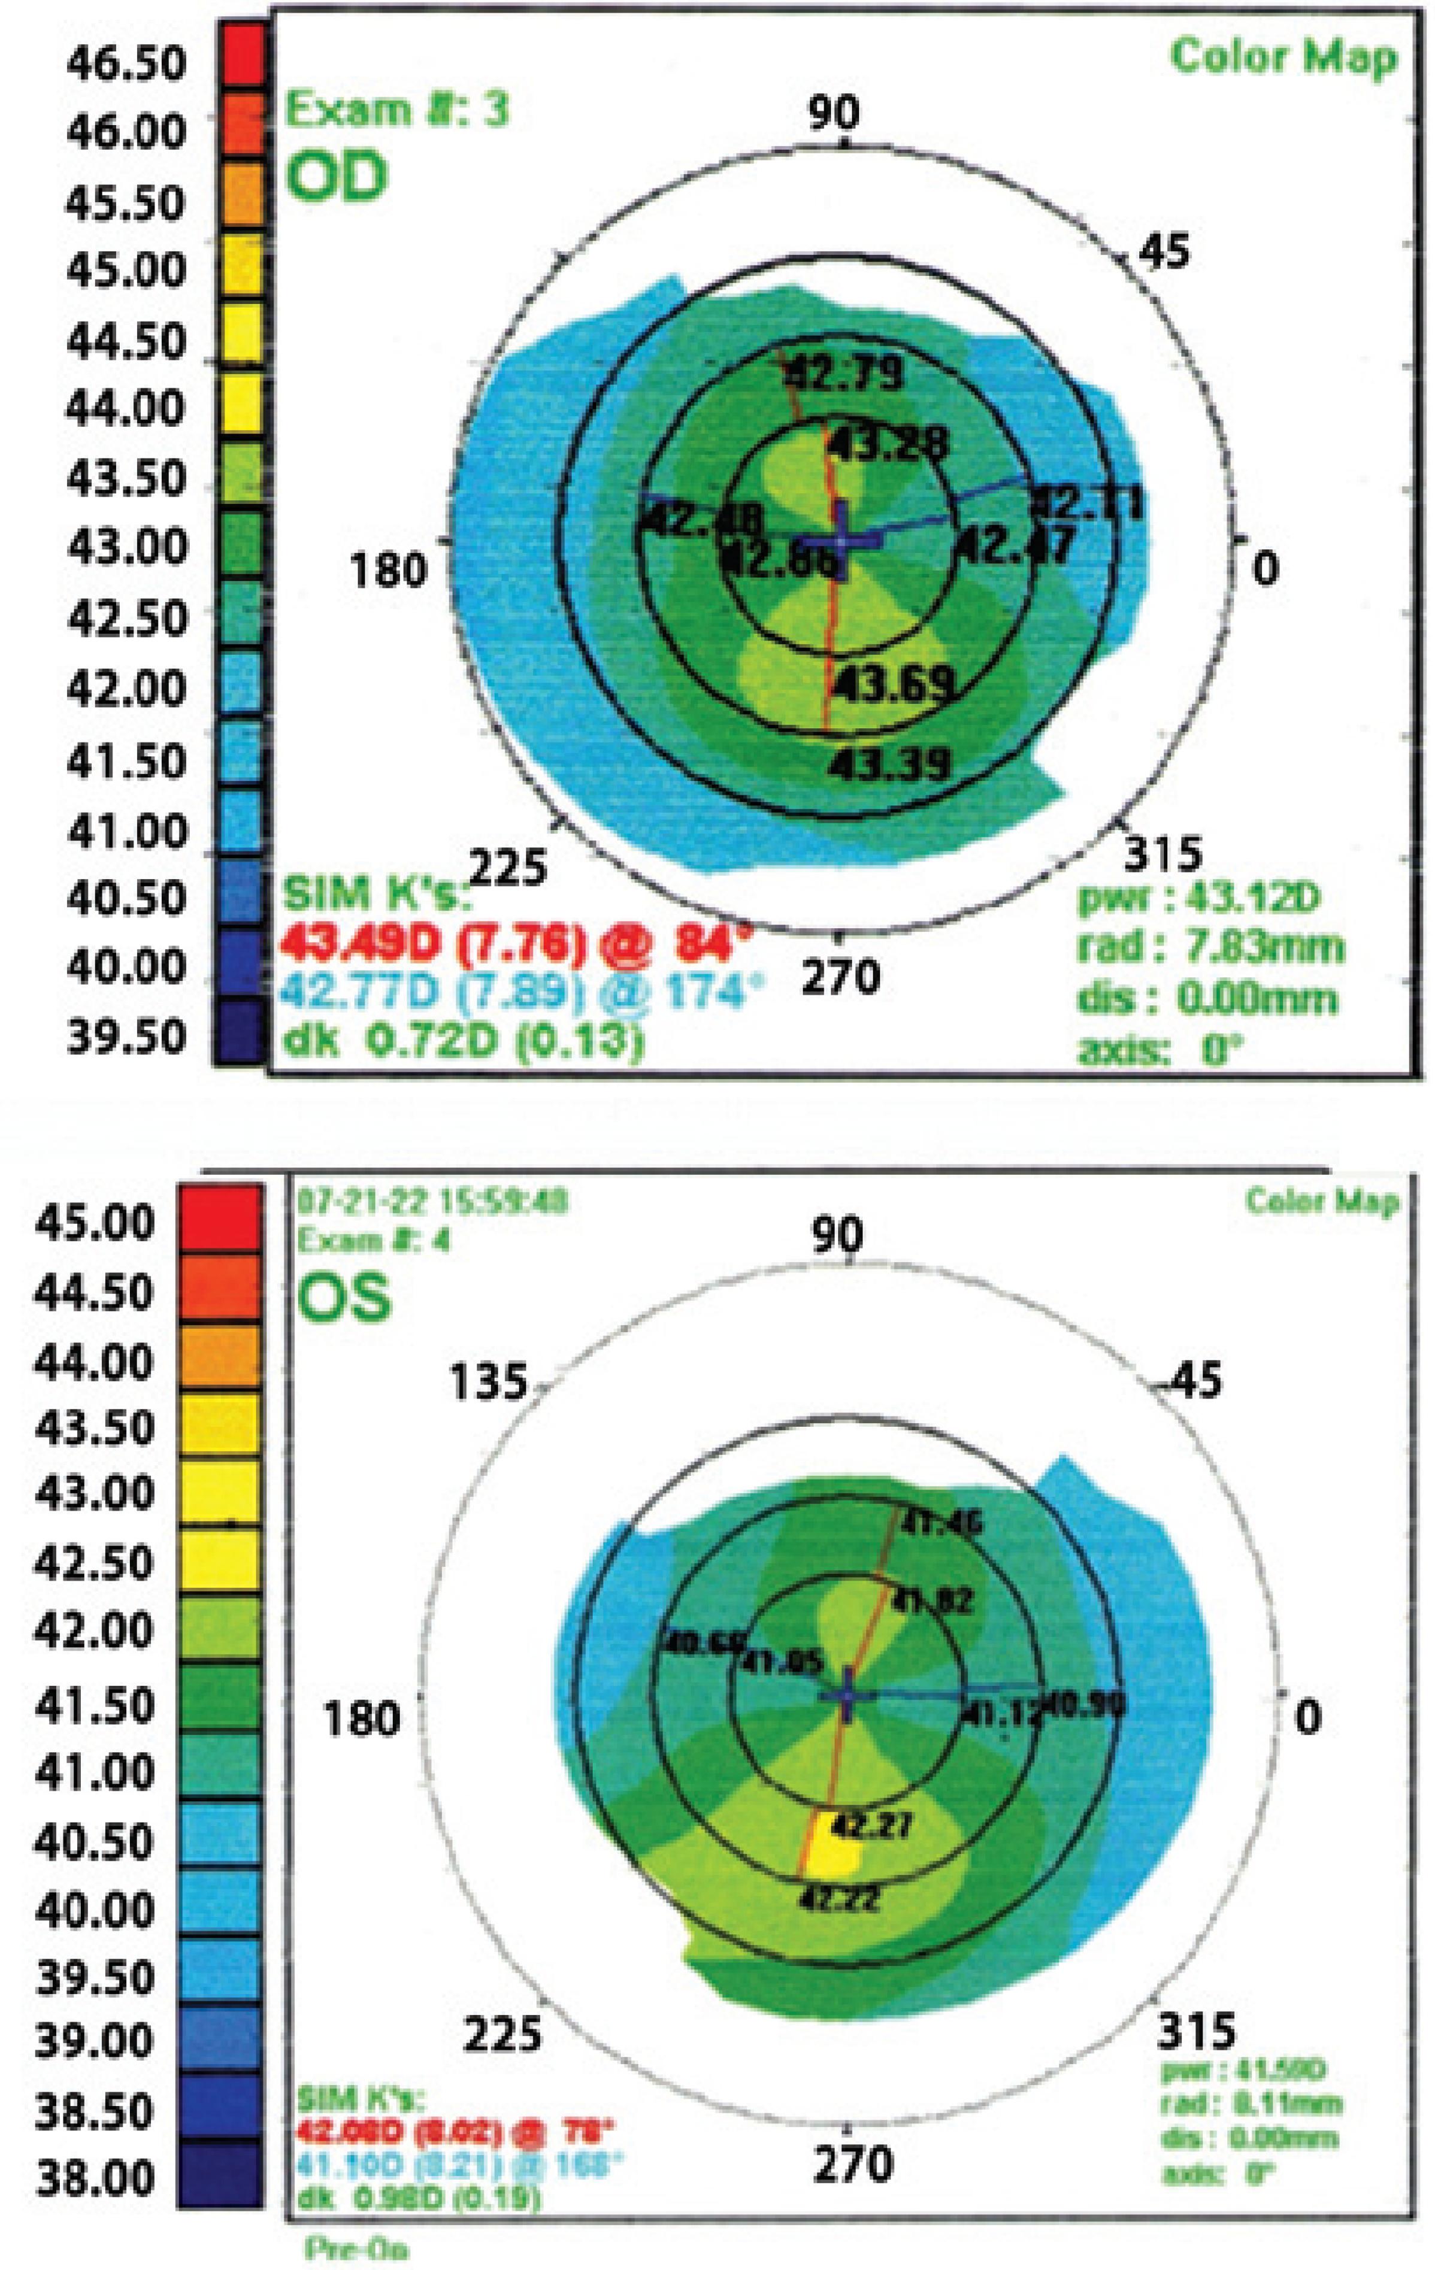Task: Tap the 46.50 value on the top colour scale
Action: pos(125,64)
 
